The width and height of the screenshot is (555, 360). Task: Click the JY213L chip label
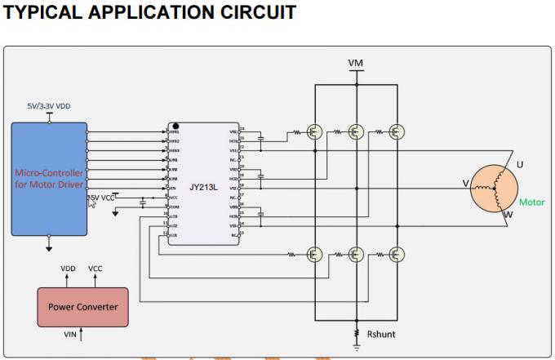point(203,186)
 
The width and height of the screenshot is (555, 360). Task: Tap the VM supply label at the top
point(356,63)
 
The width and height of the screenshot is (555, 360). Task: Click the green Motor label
point(531,202)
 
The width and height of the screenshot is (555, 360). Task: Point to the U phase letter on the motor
point(520,165)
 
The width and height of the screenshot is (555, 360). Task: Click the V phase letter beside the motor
point(466,184)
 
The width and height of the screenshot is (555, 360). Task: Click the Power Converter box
point(82,307)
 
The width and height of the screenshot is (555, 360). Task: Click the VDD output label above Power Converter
point(69,269)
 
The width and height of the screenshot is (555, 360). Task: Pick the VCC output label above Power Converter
point(95,269)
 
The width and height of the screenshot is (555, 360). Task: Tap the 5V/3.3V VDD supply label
point(49,106)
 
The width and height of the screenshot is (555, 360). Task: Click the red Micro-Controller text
point(49,179)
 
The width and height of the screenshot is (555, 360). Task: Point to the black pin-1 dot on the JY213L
point(175,127)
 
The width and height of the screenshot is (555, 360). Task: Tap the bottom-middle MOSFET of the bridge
point(356,255)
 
